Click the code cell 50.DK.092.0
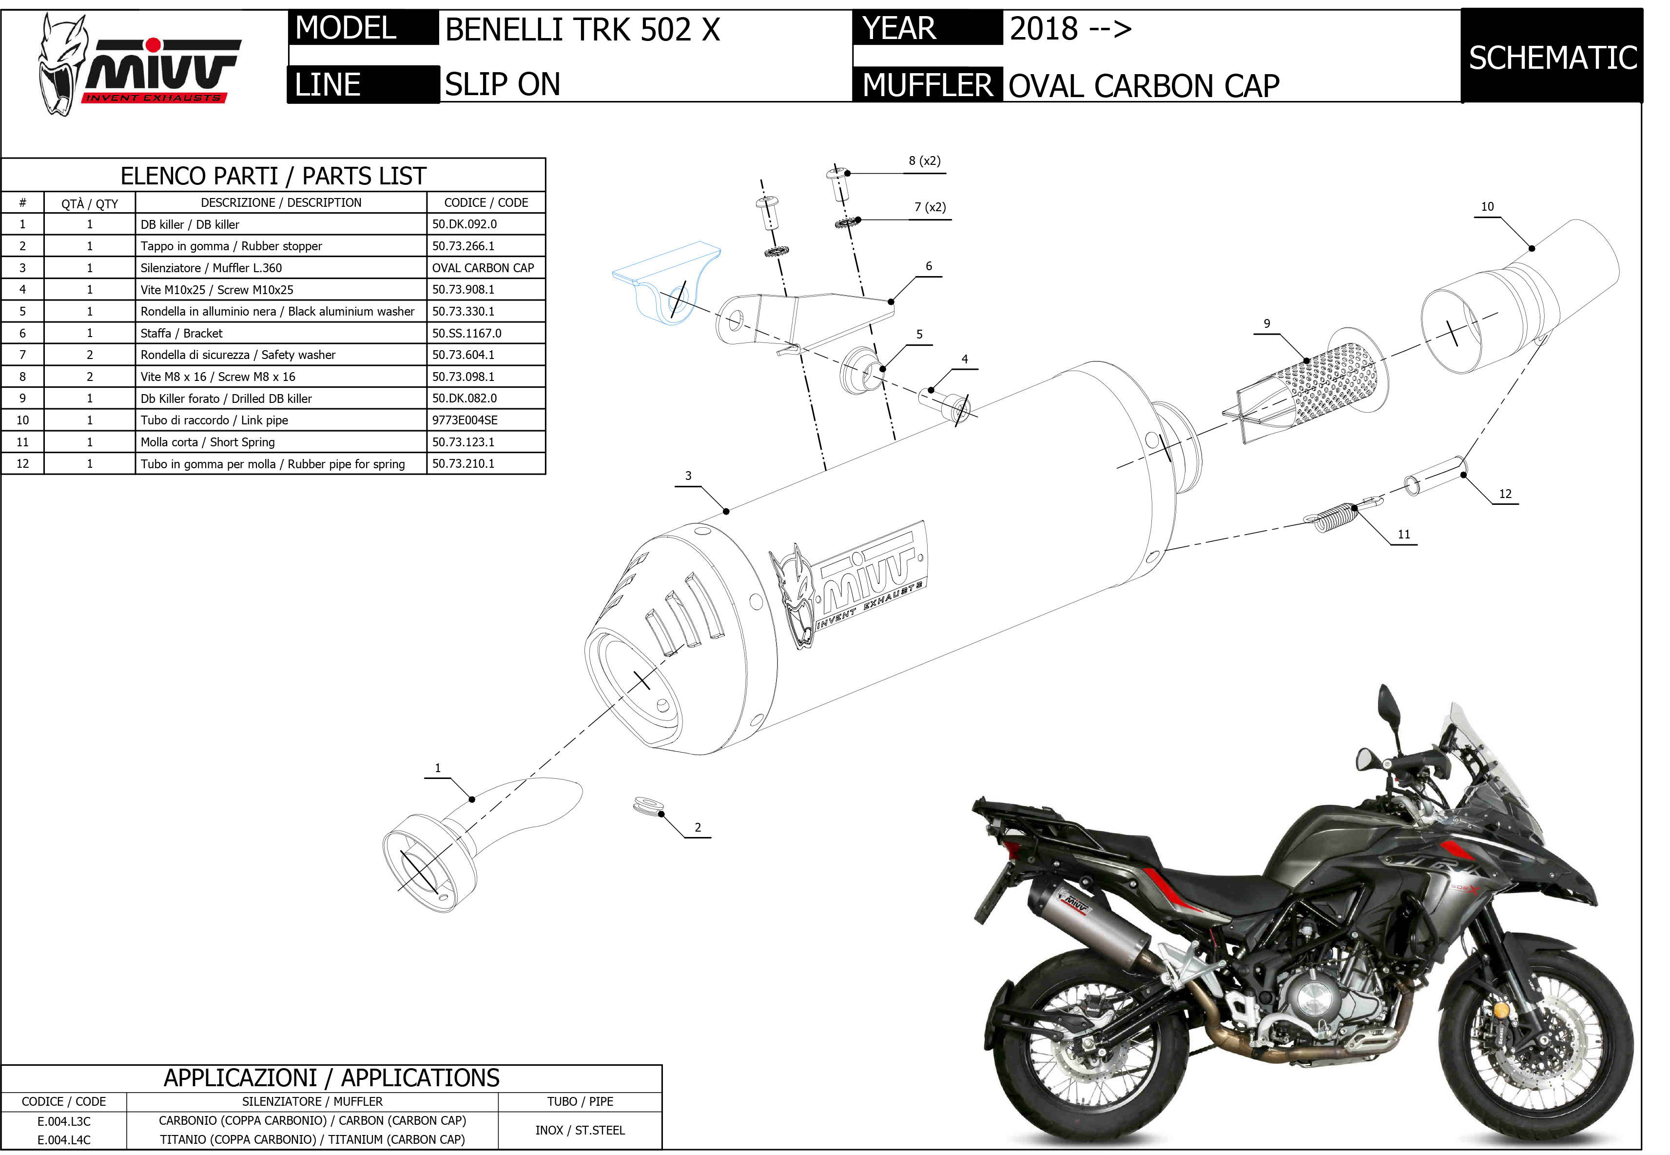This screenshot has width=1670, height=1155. (x=465, y=224)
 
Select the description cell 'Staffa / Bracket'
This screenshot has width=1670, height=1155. (x=181, y=334)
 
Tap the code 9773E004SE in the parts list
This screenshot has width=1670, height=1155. (x=465, y=420)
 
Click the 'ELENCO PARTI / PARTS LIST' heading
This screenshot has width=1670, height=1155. (x=273, y=176)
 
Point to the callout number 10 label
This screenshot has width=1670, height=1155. (x=1487, y=207)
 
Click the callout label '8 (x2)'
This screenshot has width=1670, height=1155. (x=924, y=160)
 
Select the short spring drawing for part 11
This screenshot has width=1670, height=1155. (x=1331, y=517)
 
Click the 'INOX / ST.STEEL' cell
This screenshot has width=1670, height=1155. (x=580, y=1131)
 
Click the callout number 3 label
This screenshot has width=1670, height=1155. (x=688, y=476)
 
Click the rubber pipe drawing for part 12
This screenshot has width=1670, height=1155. (x=1436, y=476)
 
